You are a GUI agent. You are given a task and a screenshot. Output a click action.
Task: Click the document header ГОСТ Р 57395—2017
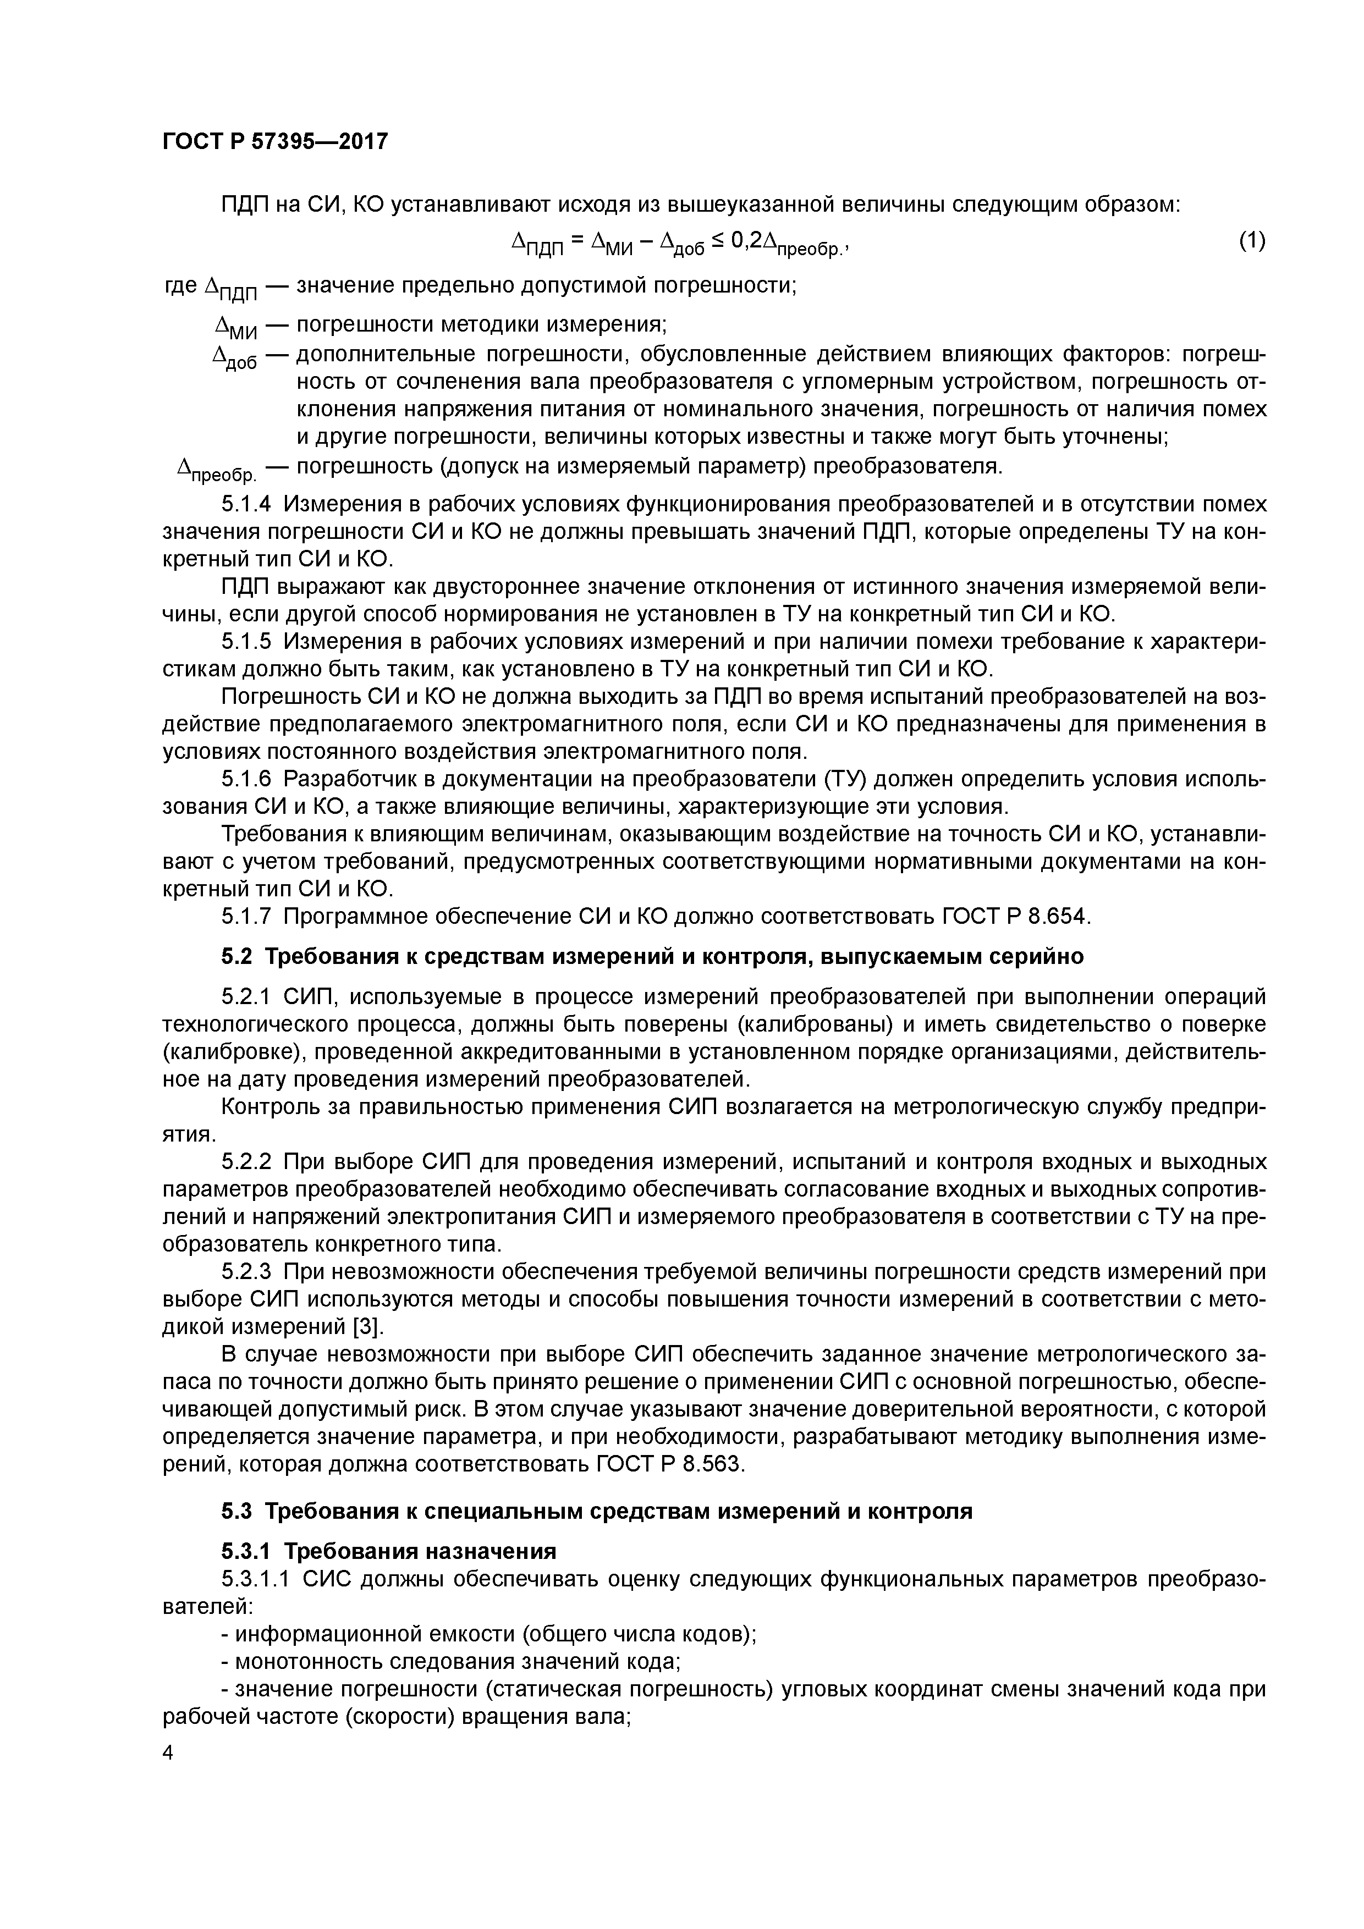(x=275, y=141)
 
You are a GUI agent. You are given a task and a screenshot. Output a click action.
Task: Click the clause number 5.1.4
(x=246, y=504)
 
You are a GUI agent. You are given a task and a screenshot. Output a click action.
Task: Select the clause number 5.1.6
(x=246, y=780)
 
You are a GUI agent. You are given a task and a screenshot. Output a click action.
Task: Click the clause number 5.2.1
(x=246, y=997)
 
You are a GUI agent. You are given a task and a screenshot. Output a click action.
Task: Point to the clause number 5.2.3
(x=246, y=1272)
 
